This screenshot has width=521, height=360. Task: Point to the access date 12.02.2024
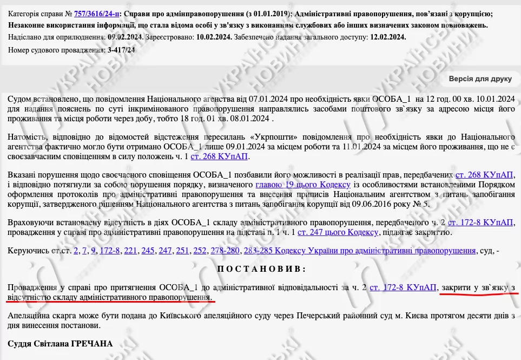coord(387,37)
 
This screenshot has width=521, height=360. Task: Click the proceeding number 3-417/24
coord(121,50)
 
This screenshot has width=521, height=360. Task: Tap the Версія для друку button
coord(480,78)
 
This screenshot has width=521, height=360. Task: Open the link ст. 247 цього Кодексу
coord(337,232)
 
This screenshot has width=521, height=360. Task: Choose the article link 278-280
coord(226,250)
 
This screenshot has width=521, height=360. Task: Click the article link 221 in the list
coord(131,250)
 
